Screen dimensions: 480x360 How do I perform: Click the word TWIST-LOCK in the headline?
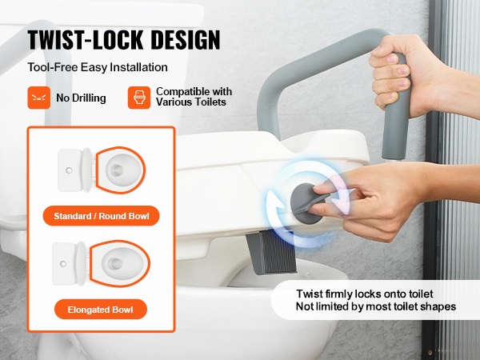point(86,40)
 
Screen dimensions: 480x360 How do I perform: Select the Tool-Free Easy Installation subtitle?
point(98,67)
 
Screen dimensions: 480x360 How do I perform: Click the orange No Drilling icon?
point(39,98)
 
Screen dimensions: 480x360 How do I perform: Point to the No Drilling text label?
point(81,98)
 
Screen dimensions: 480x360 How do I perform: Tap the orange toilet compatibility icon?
point(139,98)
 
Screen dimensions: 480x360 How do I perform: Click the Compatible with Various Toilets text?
point(194,97)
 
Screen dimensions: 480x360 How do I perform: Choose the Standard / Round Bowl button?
point(102,216)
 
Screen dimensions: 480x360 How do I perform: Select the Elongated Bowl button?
point(101,310)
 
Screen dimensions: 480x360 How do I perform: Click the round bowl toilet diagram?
point(102,170)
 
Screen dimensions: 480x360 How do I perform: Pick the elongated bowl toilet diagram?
point(102,263)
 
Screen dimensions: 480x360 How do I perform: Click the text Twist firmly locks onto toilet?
point(365,294)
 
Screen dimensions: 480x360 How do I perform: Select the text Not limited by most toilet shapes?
point(376,306)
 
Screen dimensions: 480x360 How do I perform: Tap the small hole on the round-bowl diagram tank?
point(69,170)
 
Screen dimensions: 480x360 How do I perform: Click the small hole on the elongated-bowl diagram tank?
point(63,263)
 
